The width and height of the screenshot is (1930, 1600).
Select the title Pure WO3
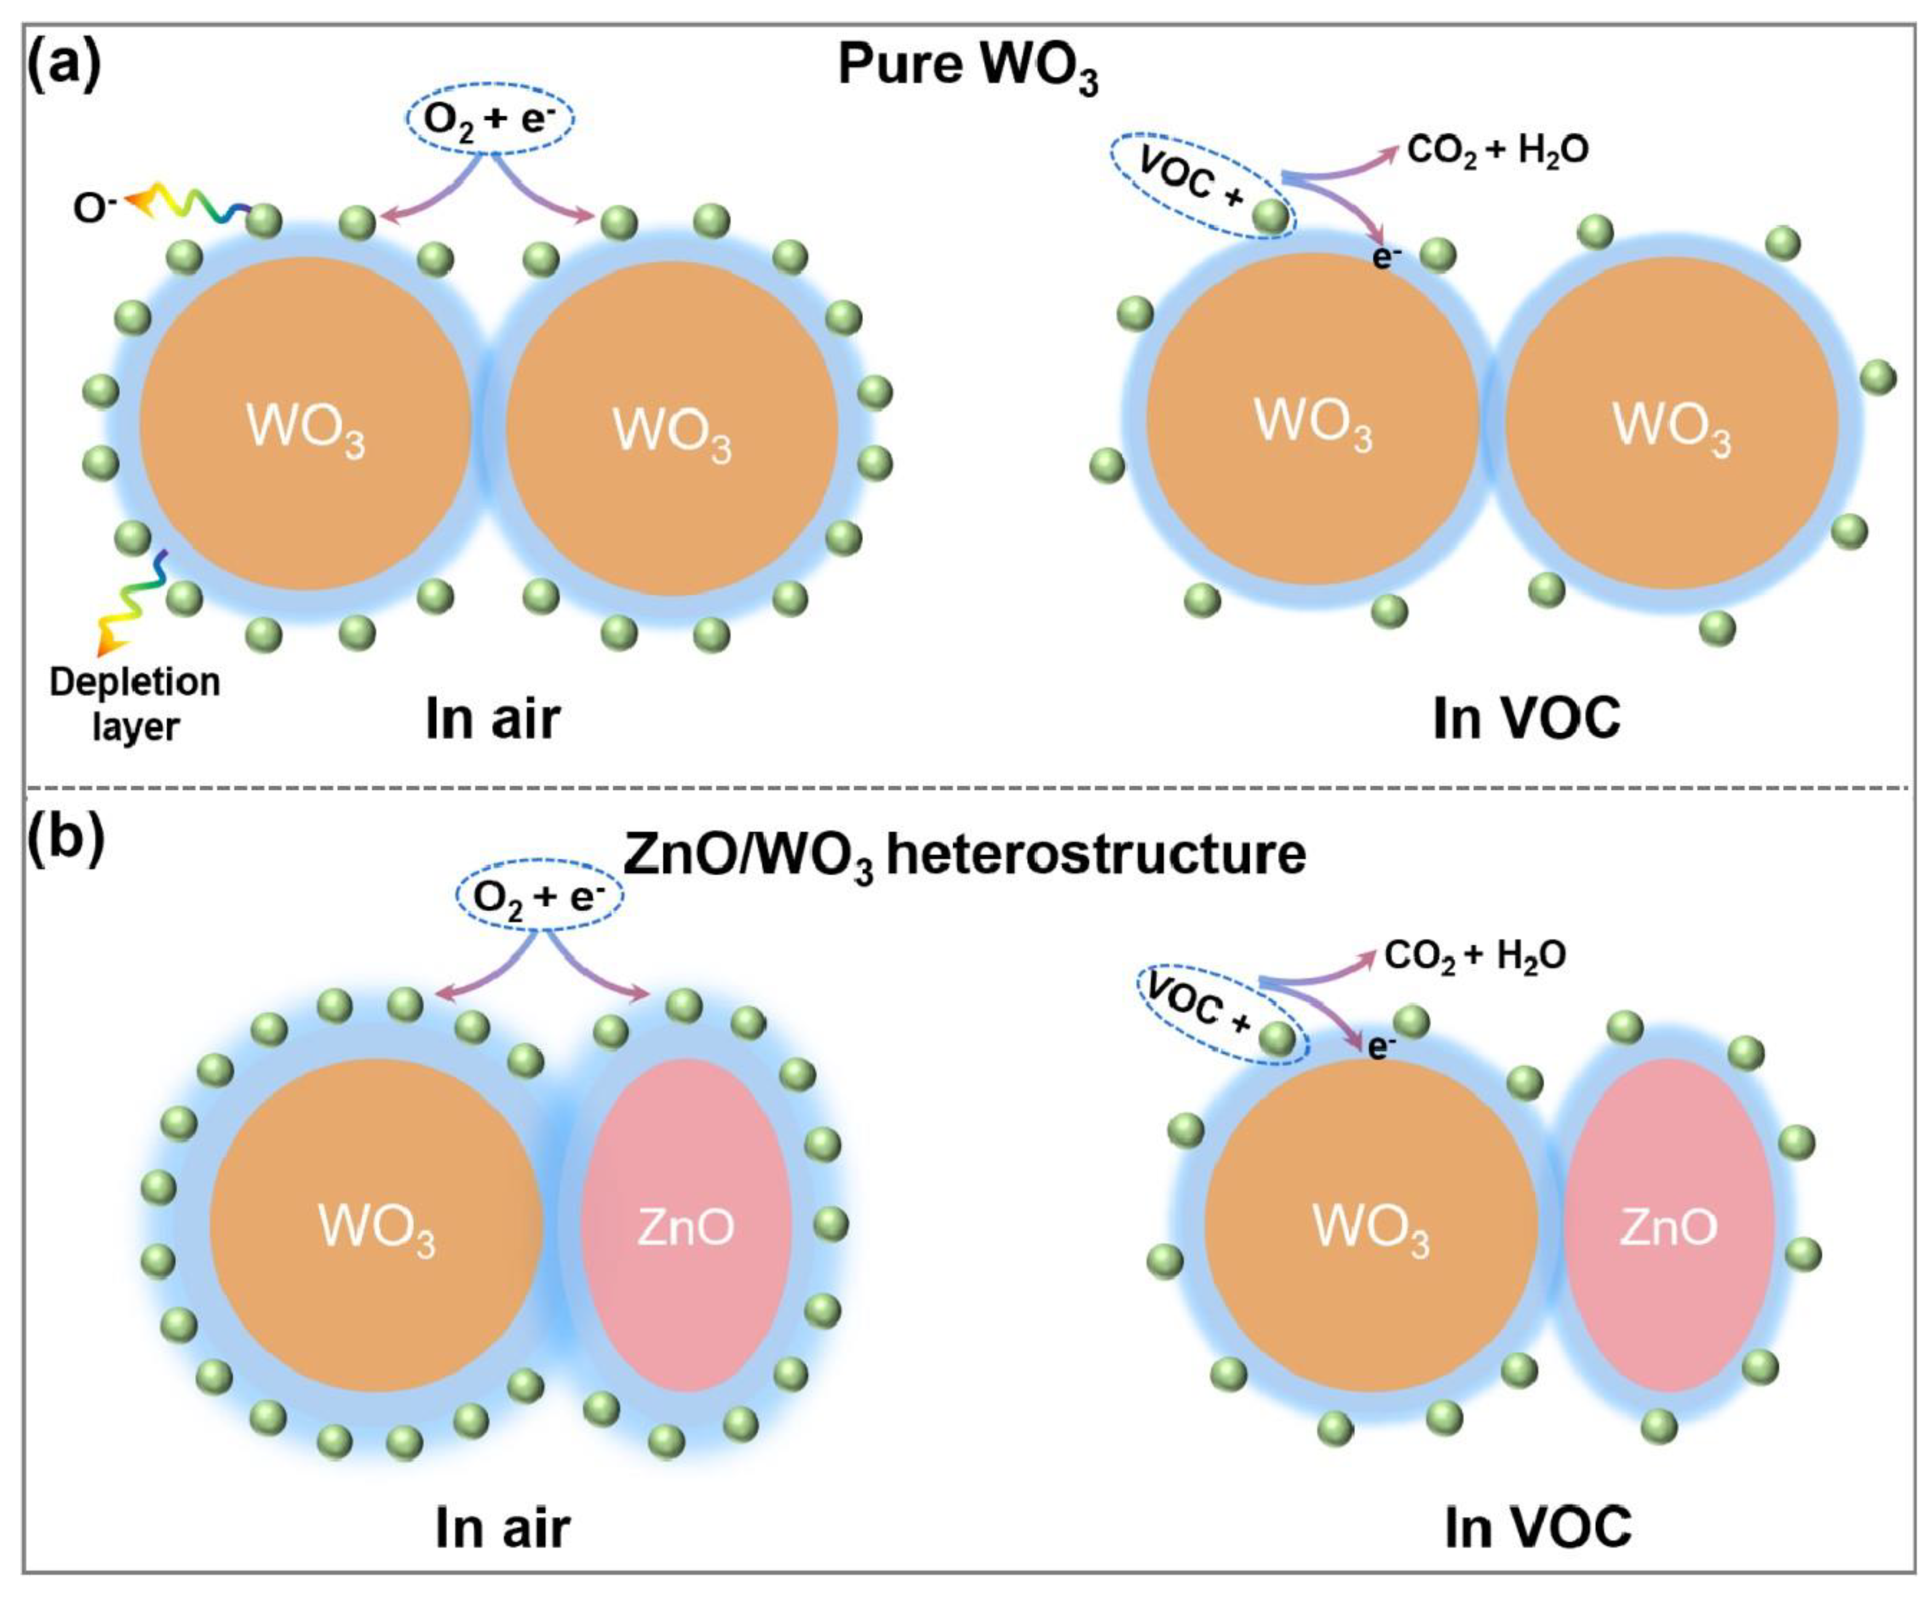967,69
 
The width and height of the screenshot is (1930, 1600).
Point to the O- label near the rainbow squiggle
95,209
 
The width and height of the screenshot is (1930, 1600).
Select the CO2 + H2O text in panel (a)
1497,150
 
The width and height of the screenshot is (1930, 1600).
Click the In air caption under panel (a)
493,718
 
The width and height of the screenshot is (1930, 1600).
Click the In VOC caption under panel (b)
1538,1527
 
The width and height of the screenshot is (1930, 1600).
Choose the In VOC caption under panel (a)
1527,718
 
